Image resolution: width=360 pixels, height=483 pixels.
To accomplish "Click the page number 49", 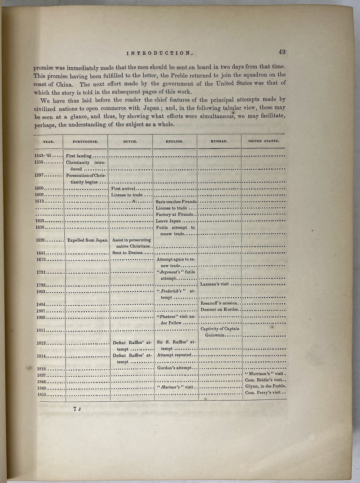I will click(x=282, y=52).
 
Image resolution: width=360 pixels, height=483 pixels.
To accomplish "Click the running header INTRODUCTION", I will click(x=160, y=53).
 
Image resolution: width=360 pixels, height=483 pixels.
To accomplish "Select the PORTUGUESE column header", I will click(x=85, y=142).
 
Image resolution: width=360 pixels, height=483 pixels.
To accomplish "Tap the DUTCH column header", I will click(x=130, y=142).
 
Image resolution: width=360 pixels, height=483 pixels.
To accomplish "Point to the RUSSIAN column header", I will click(x=219, y=141).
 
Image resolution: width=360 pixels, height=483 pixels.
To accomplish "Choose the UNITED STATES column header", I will click(x=264, y=141).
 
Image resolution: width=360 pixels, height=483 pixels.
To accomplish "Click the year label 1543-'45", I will click(x=43, y=155).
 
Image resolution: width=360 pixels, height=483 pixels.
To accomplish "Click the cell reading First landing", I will click(x=79, y=156).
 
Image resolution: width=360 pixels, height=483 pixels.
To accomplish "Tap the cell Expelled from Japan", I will click(x=87, y=240).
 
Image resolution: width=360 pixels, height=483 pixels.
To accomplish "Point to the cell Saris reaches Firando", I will click(x=176, y=202).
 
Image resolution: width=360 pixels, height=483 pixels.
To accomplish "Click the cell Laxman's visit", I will click(x=215, y=284).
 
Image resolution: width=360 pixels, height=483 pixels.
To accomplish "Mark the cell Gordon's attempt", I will click(x=174, y=368).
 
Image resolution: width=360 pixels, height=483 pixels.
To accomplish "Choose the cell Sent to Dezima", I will click(x=127, y=253).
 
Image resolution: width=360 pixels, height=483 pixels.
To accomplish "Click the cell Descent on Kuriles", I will click(x=219, y=310).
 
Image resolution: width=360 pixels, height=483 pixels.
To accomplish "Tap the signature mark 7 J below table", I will click(x=77, y=409).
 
